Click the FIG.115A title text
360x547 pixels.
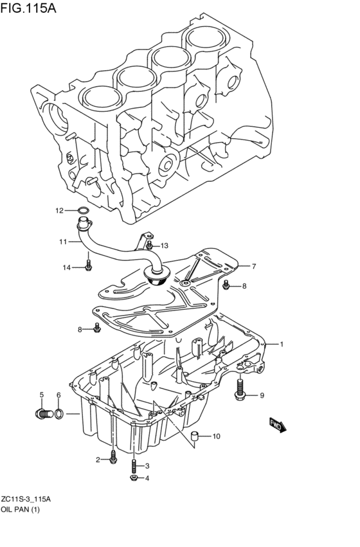(28, 8)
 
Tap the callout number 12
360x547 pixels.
(59, 210)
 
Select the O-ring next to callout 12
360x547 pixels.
(84, 210)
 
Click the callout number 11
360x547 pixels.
(63, 242)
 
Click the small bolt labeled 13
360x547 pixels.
(149, 245)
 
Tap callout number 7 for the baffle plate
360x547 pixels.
(253, 267)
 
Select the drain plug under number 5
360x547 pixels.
(44, 414)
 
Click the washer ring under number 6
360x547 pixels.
(59, 414)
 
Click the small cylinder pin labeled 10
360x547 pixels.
(194, 436)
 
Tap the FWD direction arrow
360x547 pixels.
(278, 425)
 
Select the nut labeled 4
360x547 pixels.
(134, 478)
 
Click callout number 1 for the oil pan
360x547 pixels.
(282, 345)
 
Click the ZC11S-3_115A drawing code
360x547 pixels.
(26, 499)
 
